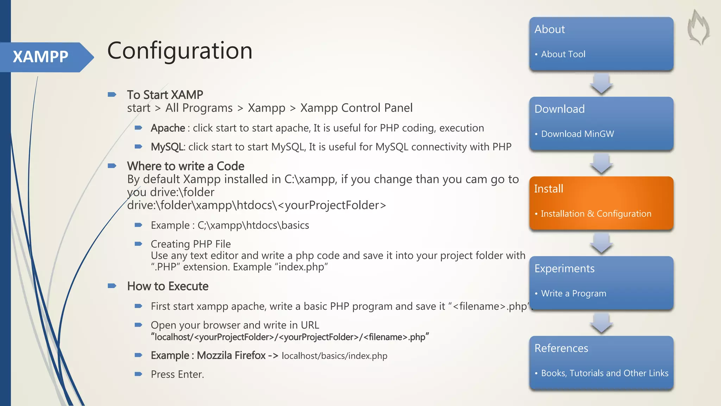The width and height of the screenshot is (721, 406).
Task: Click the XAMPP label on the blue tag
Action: [x=40, y=57]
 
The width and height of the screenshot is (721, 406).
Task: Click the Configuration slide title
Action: [x=180, y=51]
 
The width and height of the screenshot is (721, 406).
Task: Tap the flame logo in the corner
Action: [x=698, y=27]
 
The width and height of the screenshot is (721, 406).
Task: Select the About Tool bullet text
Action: [x=563, y=54]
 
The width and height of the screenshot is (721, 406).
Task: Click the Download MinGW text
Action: [x=577, y=134]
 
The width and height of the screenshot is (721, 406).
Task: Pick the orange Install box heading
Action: [x=548, y=189]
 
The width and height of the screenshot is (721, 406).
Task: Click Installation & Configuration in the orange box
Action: [x=596, y=214]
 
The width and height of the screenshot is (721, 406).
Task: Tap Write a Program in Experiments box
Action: [x=573, y=294]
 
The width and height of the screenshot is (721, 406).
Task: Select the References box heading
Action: [x=561, y=348]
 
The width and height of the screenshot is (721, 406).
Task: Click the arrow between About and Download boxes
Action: [x=601, y=84]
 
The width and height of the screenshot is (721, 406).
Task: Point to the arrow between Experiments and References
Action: [x=601, y=323]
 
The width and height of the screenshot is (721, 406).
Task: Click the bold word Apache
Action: [x=168, y=128]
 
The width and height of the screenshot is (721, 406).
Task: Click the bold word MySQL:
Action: [x=168, y=147]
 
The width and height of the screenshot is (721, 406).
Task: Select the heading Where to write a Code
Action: [x=186, y=166]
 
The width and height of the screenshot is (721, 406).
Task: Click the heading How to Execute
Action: [x=168, y=286]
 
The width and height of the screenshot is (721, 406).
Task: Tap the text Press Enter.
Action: [x=177, y=374]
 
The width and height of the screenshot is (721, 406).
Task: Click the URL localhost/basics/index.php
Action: [x=334, y=356]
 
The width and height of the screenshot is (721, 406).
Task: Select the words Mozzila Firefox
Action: [x=231, y=356]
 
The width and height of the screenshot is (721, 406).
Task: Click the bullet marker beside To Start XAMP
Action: [x=112, y=94]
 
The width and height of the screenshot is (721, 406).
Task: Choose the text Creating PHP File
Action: [x=190, y=244]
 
